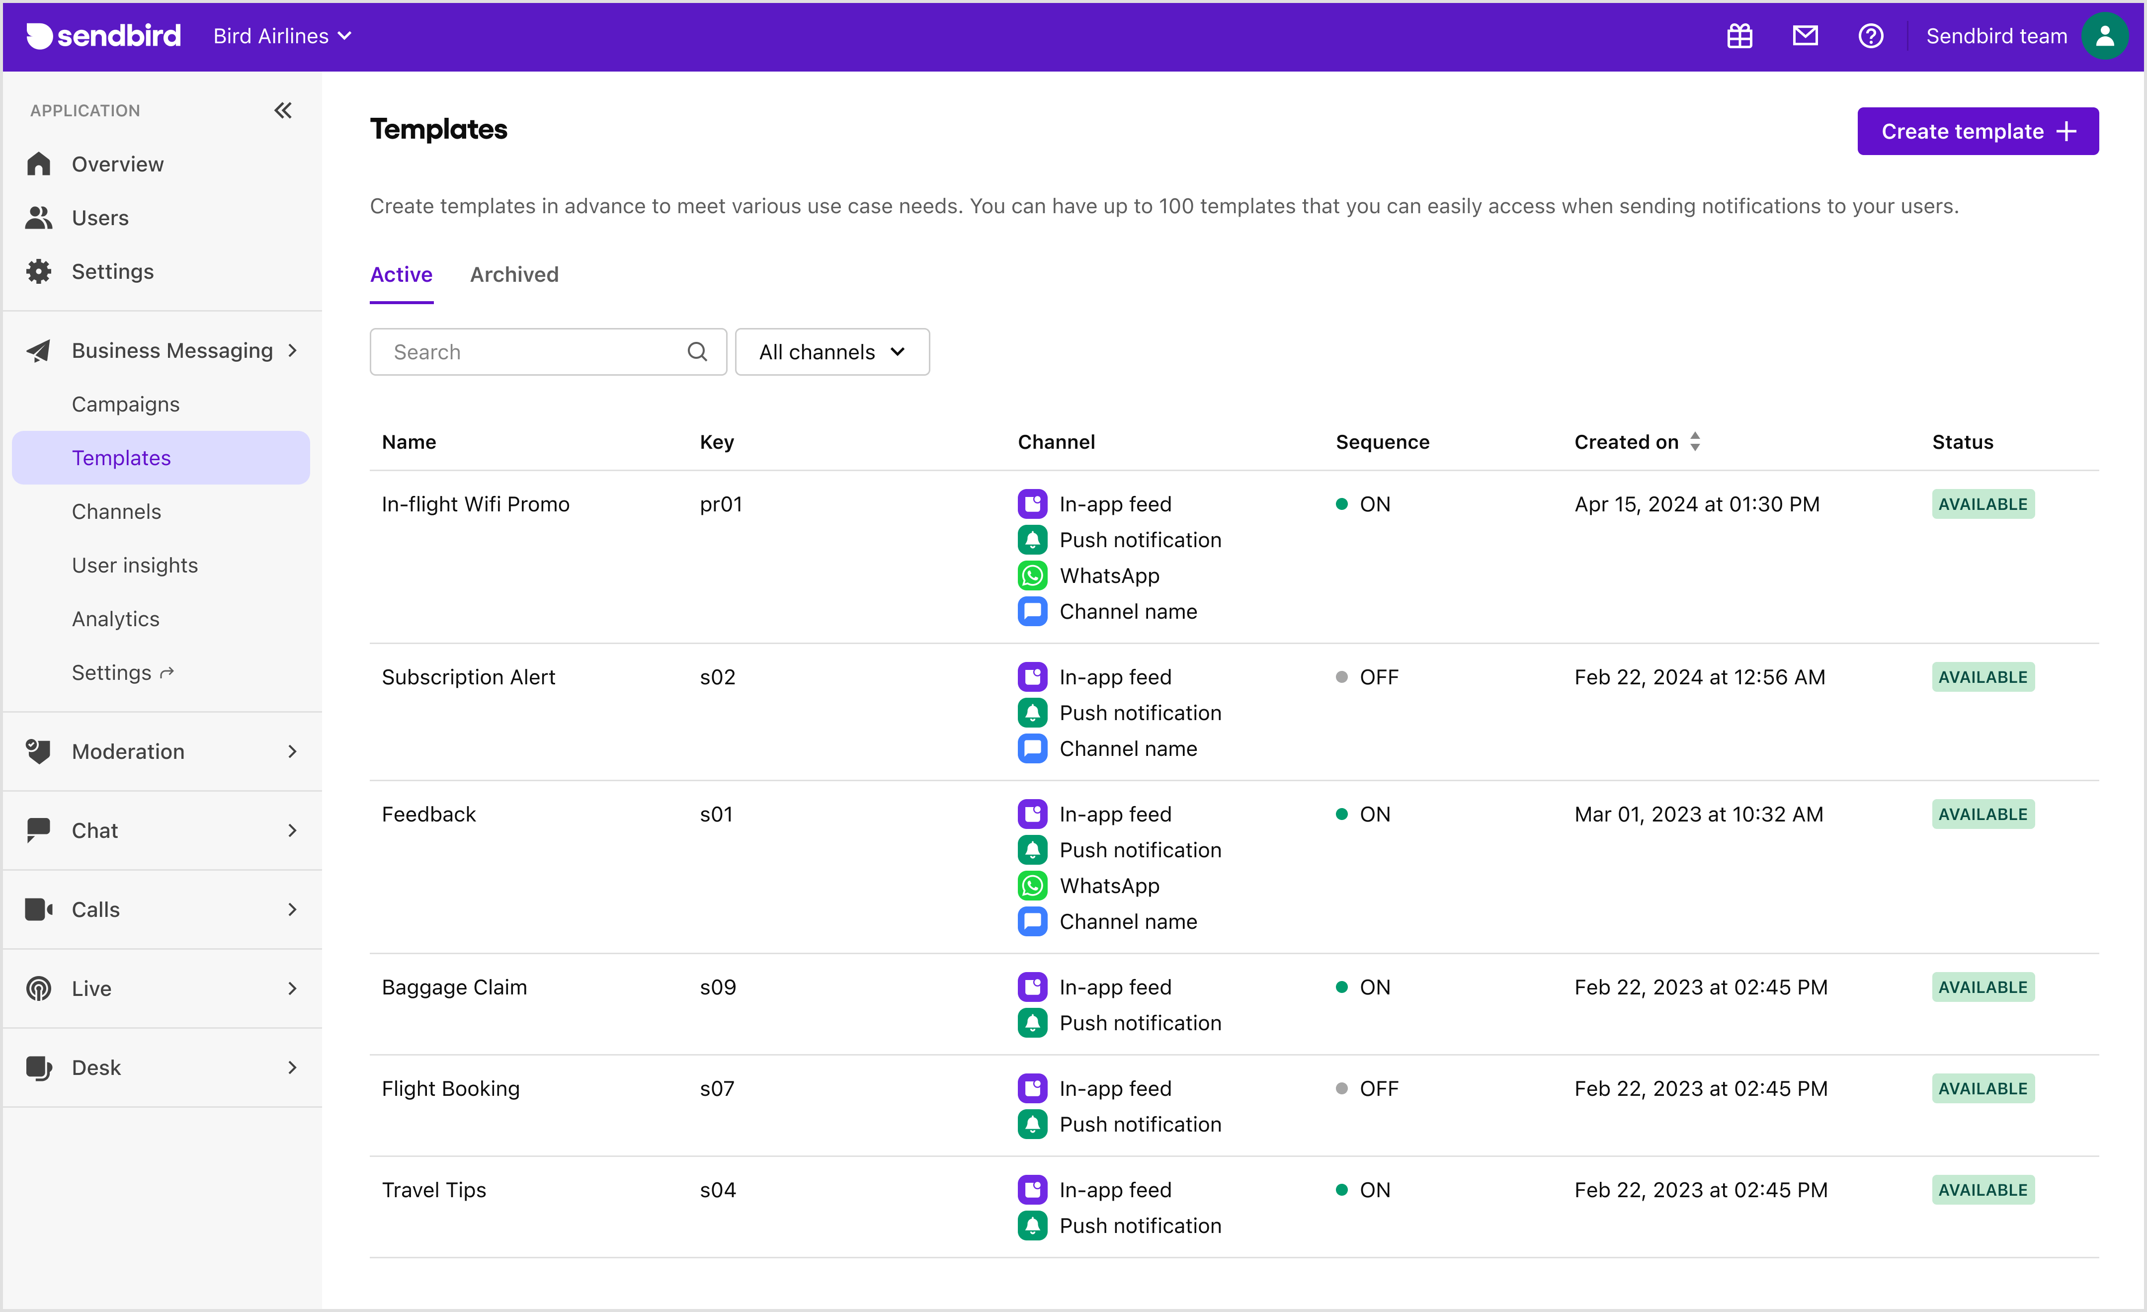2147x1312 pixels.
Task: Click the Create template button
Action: [1977, 132]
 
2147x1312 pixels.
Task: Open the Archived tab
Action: [514, 274]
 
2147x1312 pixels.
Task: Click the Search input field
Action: [536, 352]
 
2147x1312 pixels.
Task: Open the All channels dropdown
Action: [831, 352]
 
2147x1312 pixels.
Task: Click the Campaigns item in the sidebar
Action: [125, 404]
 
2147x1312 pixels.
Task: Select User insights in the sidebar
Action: [135, 566]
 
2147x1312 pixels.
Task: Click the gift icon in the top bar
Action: [1739, 36]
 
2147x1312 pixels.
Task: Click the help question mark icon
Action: [1870, 36]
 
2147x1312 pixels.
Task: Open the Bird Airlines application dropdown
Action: [281, 36]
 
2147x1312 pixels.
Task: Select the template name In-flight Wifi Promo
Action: [475, 504]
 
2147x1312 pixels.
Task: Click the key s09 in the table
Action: [717, 987]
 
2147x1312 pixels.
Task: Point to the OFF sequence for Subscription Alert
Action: [1378, 677]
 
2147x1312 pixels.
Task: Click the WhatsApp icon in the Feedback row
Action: [1032, 886]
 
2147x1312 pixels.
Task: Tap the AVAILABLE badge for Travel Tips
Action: [1982, 1190]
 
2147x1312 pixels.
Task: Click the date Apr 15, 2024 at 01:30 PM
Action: [1697, 504]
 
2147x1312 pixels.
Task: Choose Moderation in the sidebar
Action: [128, 752]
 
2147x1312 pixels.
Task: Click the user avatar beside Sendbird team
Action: [2104, 36]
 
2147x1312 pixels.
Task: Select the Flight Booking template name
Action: [450, 1089]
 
